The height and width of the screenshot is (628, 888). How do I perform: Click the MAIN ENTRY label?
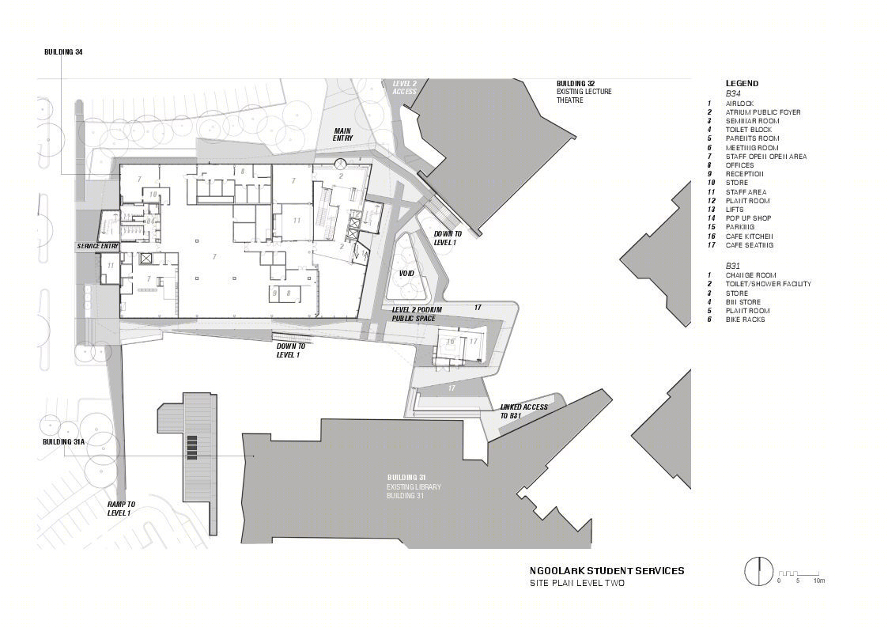coord(342,134)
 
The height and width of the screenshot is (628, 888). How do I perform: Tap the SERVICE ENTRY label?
coord(97,246)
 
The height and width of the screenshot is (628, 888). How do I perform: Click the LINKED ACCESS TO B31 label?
coord(523,410)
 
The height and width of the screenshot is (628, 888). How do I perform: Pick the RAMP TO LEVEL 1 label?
coord(121,508)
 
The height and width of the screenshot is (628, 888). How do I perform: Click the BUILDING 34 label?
coord(63,52)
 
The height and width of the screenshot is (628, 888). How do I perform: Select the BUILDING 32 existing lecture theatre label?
coord(584,92)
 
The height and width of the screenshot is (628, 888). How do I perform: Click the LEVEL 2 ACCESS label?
coord(404,87)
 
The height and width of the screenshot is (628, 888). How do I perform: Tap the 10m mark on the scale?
coord(818,581)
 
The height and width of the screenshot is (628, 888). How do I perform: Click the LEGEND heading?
coord(742,83)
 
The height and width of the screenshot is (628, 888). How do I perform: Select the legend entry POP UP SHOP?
coord(748,218)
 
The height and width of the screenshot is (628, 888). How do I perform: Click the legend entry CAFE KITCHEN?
coord(749,236)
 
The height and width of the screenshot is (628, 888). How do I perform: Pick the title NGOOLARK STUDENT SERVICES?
coord(607,570)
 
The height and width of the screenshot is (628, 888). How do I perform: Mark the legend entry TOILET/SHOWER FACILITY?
coord(768,284)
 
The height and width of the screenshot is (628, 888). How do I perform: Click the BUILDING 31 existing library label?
coord(414,486)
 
